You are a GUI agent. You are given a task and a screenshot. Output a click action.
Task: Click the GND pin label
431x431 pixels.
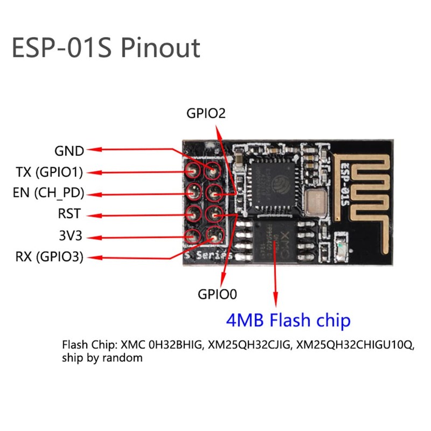point(69,151)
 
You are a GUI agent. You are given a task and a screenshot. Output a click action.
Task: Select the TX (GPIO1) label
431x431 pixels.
point(50,172)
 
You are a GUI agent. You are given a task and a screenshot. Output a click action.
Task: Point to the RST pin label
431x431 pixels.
point(69,214)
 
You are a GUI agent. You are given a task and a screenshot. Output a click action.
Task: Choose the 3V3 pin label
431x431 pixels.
point(70,235)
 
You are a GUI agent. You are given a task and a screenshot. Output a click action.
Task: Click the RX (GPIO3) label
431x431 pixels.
point(50,257)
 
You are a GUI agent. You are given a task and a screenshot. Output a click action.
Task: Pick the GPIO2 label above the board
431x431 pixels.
point(205,114)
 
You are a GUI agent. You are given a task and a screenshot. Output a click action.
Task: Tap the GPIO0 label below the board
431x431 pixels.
point(218,294)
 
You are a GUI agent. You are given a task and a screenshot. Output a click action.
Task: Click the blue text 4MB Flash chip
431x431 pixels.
point(288,321)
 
